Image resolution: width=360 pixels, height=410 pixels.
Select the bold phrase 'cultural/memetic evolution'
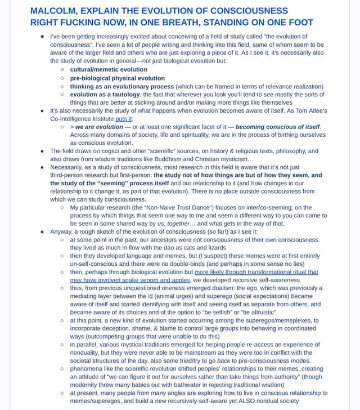click(x=108, y=69)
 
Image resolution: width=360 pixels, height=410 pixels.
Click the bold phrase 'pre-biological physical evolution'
click(x=117, y=78)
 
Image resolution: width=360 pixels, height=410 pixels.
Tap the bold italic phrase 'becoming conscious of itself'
click(x=277, y=127)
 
